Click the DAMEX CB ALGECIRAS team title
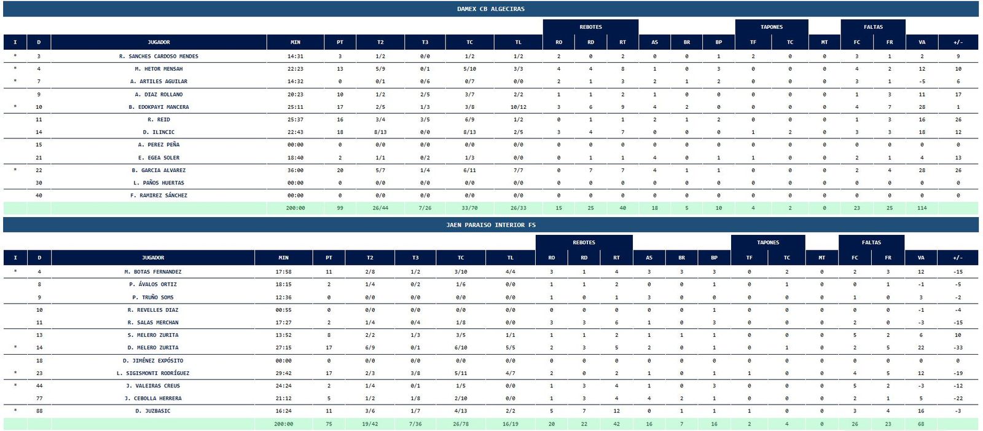click(490, 9)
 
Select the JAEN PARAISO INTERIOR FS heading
click(490, 225)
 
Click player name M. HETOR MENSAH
click(159, 69)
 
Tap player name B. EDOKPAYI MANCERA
click(159, 107)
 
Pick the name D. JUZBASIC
click(153, 411)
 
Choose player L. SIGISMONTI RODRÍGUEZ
click(153, 373)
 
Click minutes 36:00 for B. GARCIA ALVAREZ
click(296, 170)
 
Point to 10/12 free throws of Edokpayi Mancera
click(518, 107)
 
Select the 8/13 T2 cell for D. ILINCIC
click(380, 132)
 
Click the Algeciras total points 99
click(340, 208)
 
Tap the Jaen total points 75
click(329, 424)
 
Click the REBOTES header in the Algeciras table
click(590, 27)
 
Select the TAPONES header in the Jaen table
click(767, 242)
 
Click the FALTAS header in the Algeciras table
click(873, 27)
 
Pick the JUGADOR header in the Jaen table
click(153, 258)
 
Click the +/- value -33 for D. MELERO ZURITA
click(958, 348)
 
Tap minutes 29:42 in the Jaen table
click(283, 373)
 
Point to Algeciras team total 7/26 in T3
click(425, 208)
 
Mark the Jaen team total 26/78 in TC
click(461, 424)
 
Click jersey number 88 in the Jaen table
click(39, 411)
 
